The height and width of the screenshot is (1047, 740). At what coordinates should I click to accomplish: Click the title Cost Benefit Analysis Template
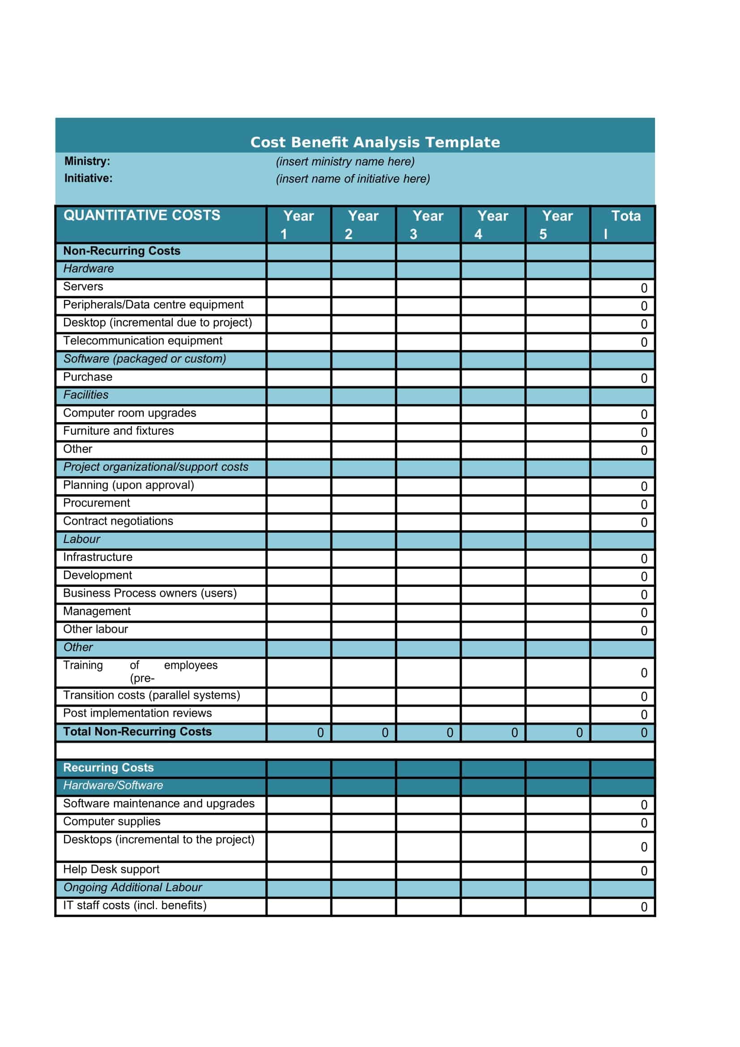pyautogui.click(x=375, y=142)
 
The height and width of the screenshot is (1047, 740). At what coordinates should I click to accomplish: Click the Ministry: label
pyautogui.click(x=87, y=161)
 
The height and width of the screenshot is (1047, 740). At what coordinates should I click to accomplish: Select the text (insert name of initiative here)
pyautogui.click(x=353, y=179)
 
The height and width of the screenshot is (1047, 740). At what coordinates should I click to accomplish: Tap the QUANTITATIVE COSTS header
pyautogui.click(x=142, y=215)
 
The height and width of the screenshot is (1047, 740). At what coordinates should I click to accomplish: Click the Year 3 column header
pyautogui.click(x=428, y=224)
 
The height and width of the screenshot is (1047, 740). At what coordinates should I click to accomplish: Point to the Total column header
pyautogui.click(x=622, y=224)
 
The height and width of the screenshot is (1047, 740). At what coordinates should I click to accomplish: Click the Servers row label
pyautogui.click(x=83, y=287)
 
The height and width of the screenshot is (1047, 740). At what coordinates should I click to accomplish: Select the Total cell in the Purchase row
pyautogui.click(x=622, y=378)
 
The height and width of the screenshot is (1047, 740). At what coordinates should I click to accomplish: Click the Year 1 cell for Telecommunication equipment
pyautogui.click(x=298, y=342)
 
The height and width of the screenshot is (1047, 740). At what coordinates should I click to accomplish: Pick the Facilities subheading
pyautogui.click(x=85, y=395)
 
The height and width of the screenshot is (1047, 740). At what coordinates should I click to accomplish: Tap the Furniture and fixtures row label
pyautogui.click(x=119, y=431)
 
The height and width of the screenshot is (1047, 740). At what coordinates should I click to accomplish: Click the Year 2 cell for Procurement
pyautogui.click(x=363, y=504)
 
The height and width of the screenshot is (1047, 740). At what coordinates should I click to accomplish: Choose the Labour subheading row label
pyautogui.click(x=81, y=539)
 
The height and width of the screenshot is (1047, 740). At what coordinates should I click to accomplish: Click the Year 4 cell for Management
pyautogui.click(x=493, y=612)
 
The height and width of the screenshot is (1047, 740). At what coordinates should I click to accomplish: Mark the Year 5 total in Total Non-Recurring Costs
pyautogui.click(x=558, y=732)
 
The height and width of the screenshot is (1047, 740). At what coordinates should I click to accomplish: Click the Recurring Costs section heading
pyautogui.click(x=108, y=768)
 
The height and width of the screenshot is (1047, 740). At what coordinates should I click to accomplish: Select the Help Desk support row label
pyautogui.click(x=111, y=870)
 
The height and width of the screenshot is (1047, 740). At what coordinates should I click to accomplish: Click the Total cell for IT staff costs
pyautogui.click(x=622, y=906)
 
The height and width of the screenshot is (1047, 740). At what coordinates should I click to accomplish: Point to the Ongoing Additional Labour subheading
pyautogui.click(x=132, y=888)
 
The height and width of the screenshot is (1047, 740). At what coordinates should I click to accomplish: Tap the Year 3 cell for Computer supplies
pyautogui.click(x=428, y=823)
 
